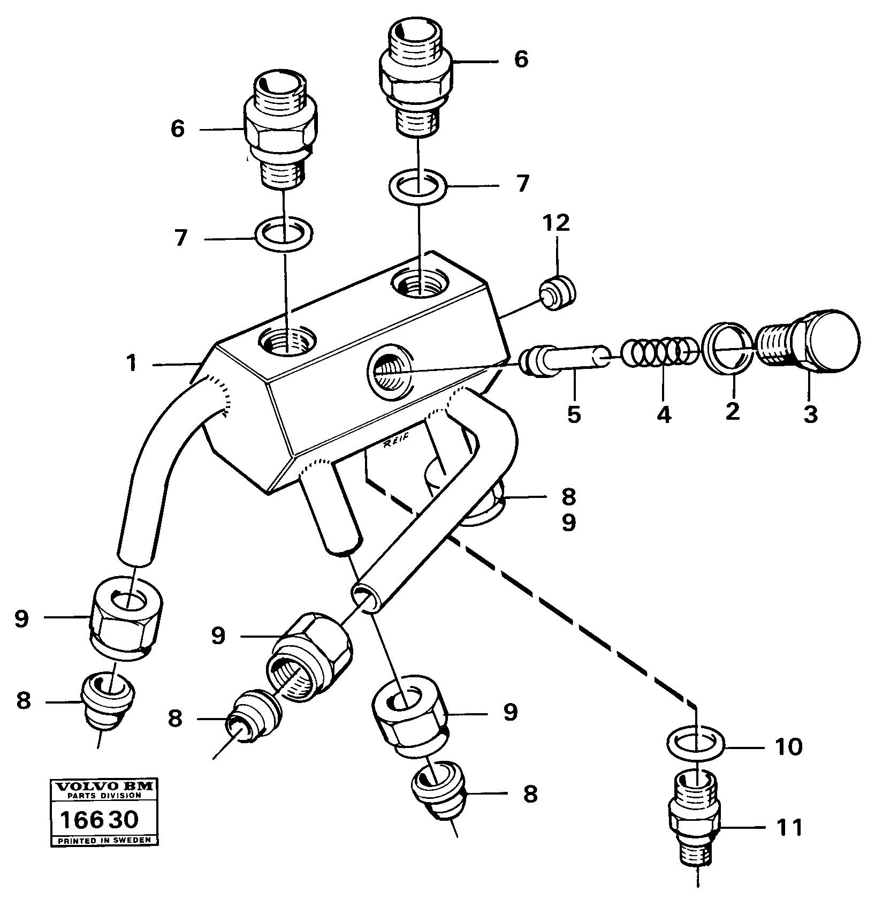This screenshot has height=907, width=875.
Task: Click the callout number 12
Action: [557, 223]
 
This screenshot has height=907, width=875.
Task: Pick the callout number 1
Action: [132, 364]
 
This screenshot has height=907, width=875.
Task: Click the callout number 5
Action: [574, 414]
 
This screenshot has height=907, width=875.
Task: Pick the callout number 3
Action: [810, 414]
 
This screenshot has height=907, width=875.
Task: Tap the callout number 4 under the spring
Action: [664, 414]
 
